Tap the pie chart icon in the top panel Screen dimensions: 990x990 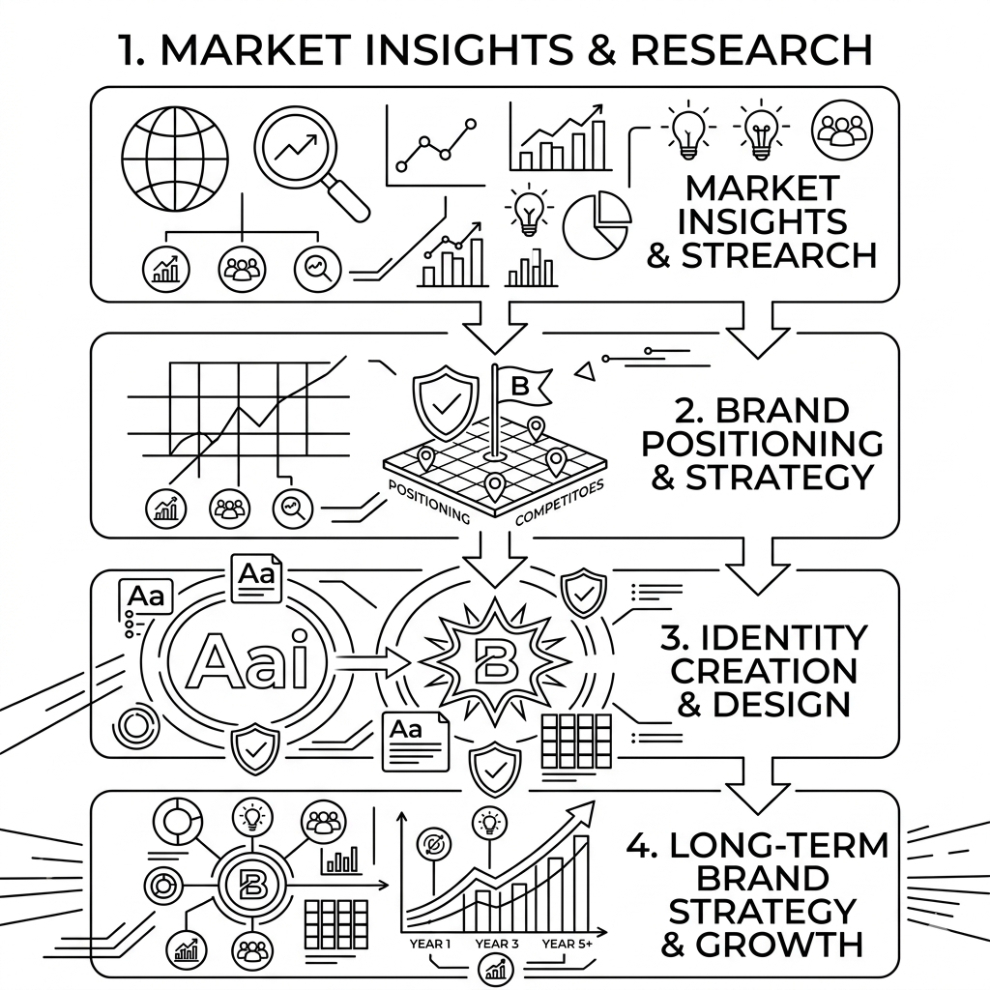pos(596,224)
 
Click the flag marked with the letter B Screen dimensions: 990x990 pos(521,386)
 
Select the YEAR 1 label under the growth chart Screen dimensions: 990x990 pos(430,944)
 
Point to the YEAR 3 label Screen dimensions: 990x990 pos(496,944)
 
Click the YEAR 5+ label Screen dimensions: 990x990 pos(568,944)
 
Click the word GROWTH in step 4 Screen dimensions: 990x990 pos(762,944)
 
